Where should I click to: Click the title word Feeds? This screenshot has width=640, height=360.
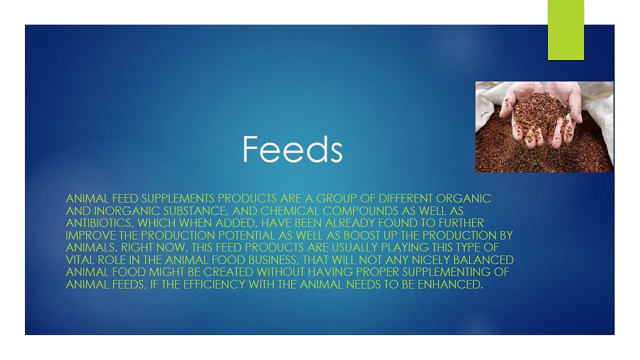[x=292, y=149]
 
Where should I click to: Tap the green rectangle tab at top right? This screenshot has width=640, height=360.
[x=565, y=30]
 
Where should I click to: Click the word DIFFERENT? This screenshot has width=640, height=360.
[x=405, y=198]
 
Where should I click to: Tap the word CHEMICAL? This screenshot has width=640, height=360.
[x=289, y=211]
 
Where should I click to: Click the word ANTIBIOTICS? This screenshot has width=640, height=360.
[x=99, y=223]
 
